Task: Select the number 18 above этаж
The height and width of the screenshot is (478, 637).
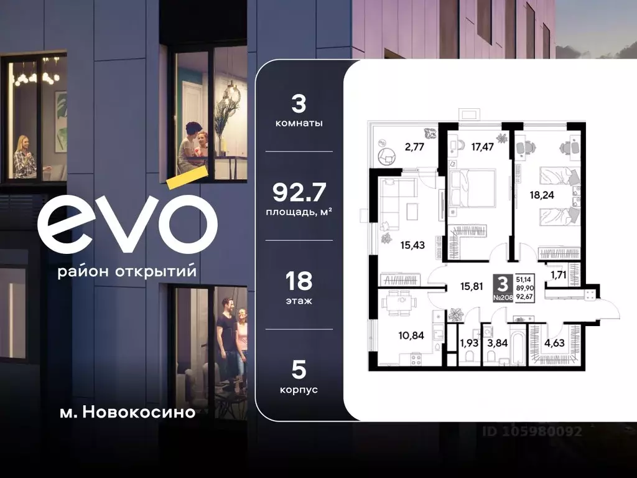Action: pyautogui.click(x=299, y=281)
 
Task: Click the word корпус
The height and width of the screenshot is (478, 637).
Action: pyautogui.click(x=299, y=390)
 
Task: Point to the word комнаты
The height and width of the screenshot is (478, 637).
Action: pyautogui.click(x=299, y=123)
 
